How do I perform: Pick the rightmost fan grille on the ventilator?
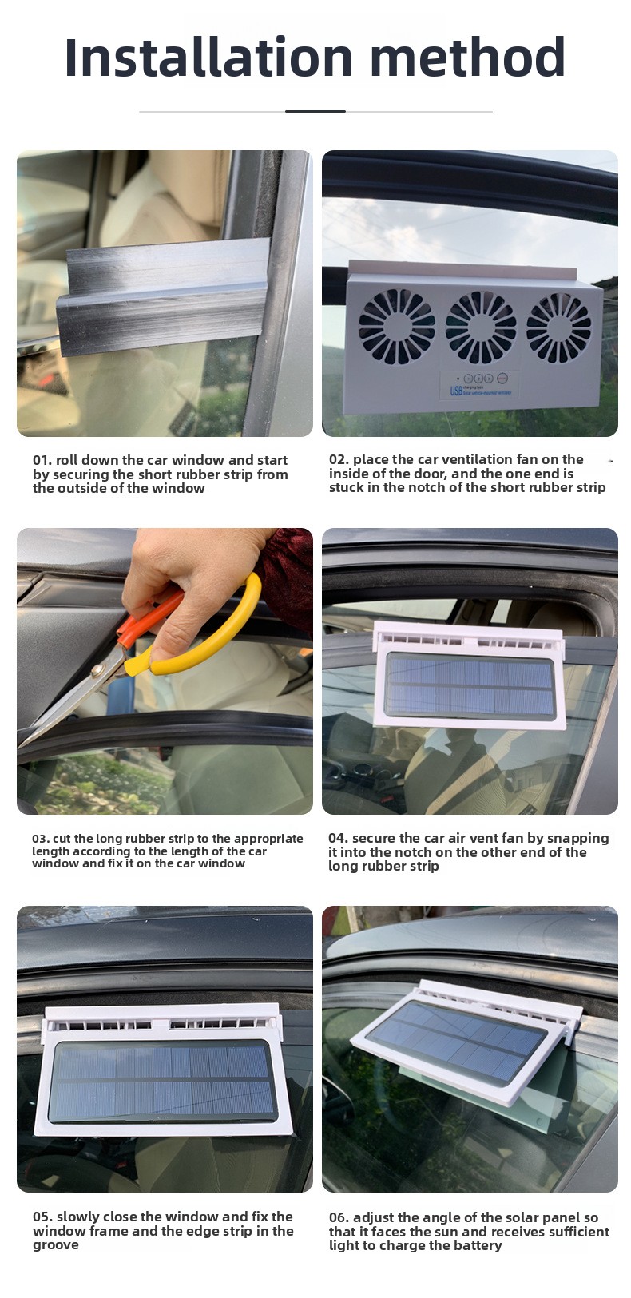point(558,327)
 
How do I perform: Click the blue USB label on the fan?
point(456,391)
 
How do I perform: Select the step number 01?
point(42,461)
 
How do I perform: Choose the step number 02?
point(339,460)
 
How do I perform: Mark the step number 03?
point(40,839)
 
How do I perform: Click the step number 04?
point(338,839)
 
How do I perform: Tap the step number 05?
point(42,1217)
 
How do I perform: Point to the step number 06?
point(339,1217)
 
